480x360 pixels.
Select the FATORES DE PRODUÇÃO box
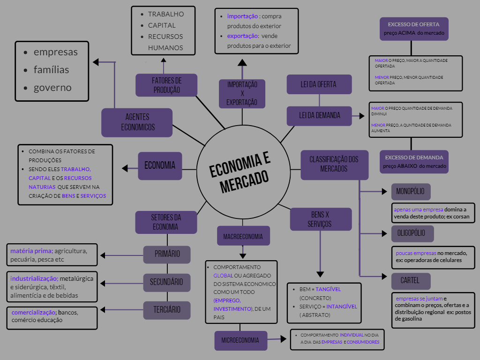166,85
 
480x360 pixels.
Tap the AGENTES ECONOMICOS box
137,122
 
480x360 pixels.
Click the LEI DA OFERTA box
319,84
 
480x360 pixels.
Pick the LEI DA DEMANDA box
319,115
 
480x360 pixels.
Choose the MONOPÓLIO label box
411,192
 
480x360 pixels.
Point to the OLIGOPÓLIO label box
412,233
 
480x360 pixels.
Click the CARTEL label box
411,281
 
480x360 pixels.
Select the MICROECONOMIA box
240,341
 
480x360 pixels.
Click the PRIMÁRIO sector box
167,255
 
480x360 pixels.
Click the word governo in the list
52,88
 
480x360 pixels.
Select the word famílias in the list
51,70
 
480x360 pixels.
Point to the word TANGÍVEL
328,289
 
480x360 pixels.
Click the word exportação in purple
243,36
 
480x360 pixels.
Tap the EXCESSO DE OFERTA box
414,29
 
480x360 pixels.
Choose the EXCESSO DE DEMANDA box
414,162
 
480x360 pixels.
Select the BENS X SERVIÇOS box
321,219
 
